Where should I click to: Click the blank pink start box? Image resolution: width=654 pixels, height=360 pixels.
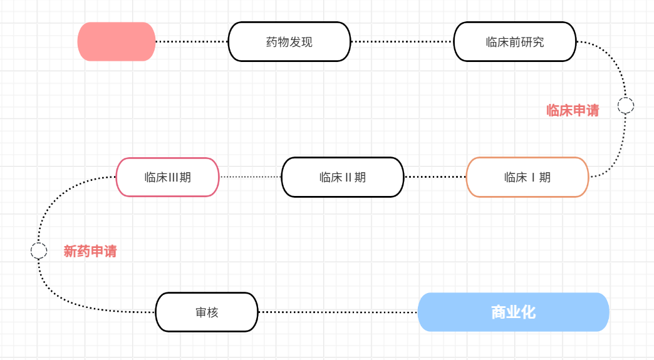pyautogui.click(x=117, y=42)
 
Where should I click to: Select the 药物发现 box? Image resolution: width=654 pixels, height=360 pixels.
pyautogui.click(x=289, y=42)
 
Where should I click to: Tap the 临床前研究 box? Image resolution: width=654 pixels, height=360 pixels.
pyautogui.click(x=514, y=42)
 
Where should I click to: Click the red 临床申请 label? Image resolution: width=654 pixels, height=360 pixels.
pyautogui.click(x=573, y=111)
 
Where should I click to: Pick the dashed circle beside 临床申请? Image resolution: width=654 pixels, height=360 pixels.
pyautogui.click(x=625, y=105)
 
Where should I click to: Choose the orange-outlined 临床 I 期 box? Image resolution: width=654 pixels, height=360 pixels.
pyautogui.click(x=527, y=177)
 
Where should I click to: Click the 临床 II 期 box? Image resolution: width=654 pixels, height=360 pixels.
pyautogui.click(x=342, y=177)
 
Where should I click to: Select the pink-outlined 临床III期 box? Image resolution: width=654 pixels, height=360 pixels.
pyautogui.click(x=167, y=177)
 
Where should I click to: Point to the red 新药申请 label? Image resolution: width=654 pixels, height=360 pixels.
pyautogui.click(x=90, y=252)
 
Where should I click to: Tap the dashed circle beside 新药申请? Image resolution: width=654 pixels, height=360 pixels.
pyautogui.click(x=39, y=251)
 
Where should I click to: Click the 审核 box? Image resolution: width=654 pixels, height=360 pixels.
pyautogui.click(x=207, y=312)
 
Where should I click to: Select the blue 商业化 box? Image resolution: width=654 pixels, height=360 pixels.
pyautogui.click(x=513, y=312)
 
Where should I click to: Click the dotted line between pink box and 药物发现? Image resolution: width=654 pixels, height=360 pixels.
pyautogui.click(x=192, y=42)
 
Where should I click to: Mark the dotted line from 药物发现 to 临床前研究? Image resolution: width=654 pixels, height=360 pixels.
pyautogui.click(x=402, y=42)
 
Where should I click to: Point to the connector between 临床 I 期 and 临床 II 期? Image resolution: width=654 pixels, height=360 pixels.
pyautogui.click(x=435, y=177)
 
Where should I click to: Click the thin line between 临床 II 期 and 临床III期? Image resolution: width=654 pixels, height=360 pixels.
pyautogui.click(x=251, y=177)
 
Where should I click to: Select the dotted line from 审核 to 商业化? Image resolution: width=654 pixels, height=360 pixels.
pyautogui.click(x=338, y=312)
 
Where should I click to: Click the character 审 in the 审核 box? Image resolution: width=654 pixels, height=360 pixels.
pyautogui.click(x=200, y=312)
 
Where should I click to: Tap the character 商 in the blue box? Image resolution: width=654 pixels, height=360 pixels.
pyautogui.click(x=499, y=312)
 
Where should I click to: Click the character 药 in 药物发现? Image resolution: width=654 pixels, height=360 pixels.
pyautogui.click(x=272, y=43)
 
